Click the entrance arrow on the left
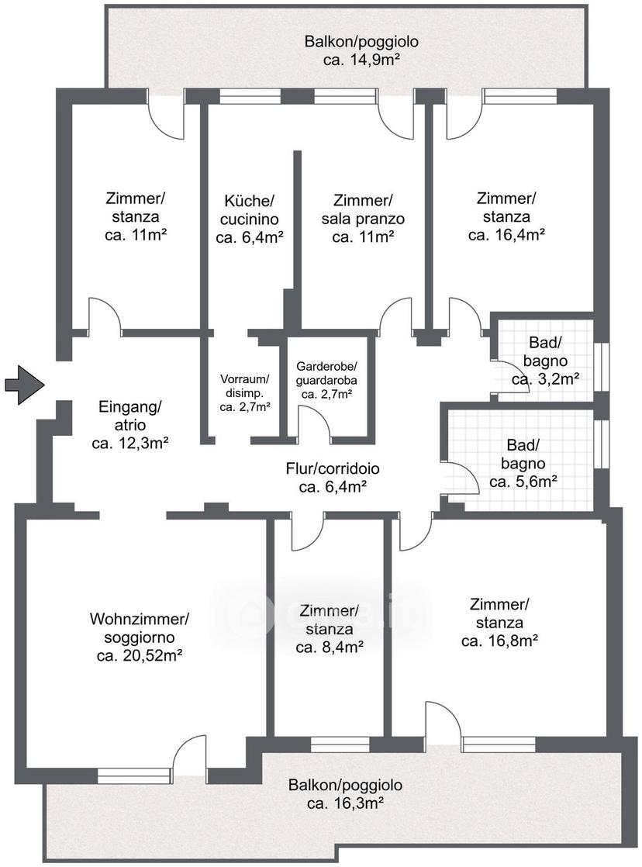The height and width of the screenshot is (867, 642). point(24,385)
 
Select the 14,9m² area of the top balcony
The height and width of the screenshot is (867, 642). point(361,60)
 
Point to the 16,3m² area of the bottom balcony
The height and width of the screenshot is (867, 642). point(346,803)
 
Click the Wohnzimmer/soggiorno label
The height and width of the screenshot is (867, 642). point(140,627)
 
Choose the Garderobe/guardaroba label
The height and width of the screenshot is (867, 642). point(326,373)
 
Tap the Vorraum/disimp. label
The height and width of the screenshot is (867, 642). point(244,386)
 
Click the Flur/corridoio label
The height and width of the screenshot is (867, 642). point(333,469)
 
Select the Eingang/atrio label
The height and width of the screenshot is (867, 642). point(130,416)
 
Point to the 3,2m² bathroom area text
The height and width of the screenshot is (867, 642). point(545,379)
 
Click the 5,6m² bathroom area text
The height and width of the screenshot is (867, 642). point(523,482)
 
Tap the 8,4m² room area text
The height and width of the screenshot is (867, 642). point(330,647)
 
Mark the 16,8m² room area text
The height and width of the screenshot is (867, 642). point(500,641)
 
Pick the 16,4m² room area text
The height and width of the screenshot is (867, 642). point(507,234)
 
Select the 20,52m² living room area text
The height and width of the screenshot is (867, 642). point(140,656)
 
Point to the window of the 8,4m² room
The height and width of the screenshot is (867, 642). point(340,744)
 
